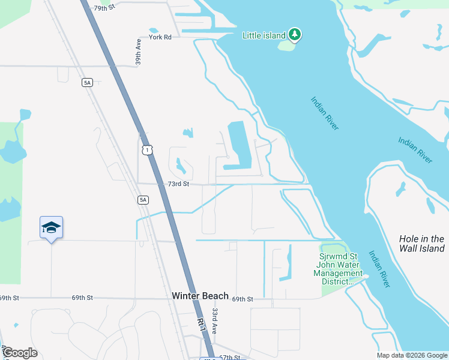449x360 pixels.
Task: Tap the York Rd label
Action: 160,37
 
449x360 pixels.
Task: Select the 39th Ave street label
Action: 138,52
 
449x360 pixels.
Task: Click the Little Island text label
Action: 264,35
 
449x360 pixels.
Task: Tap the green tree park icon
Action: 294,35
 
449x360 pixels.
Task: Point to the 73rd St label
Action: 178,184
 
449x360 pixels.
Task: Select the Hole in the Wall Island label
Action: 421,243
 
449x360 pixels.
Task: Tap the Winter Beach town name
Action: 200,296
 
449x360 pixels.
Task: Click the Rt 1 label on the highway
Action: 202,325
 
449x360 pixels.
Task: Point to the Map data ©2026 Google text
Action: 412,355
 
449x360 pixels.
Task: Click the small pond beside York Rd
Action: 153,30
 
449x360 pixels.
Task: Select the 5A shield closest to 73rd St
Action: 142,199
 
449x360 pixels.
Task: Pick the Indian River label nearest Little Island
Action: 325,112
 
